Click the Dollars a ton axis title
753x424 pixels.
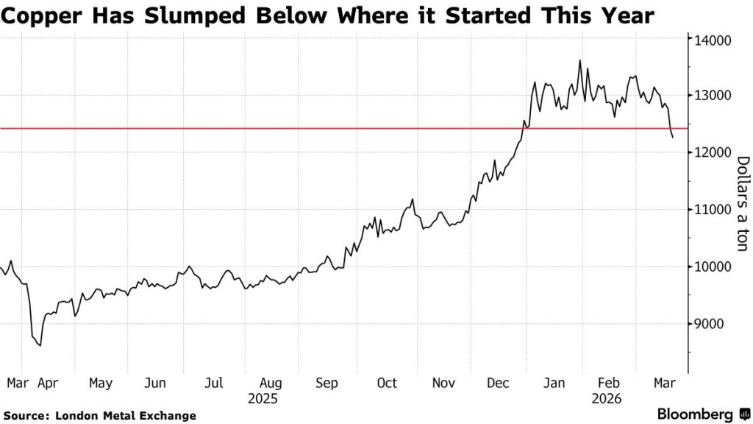741,203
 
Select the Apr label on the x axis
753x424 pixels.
48,384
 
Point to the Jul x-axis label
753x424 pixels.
214,384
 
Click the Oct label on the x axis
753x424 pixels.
386,384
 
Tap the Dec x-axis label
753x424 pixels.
499,384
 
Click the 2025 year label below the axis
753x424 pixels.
263,398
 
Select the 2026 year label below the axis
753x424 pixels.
607,398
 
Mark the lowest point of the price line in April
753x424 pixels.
40,345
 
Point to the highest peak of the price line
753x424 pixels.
579,60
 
